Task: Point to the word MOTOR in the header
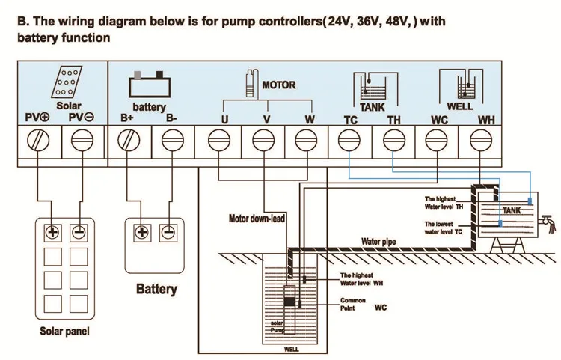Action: tap(278, 85)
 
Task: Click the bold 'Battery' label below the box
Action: tap(156, 289)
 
